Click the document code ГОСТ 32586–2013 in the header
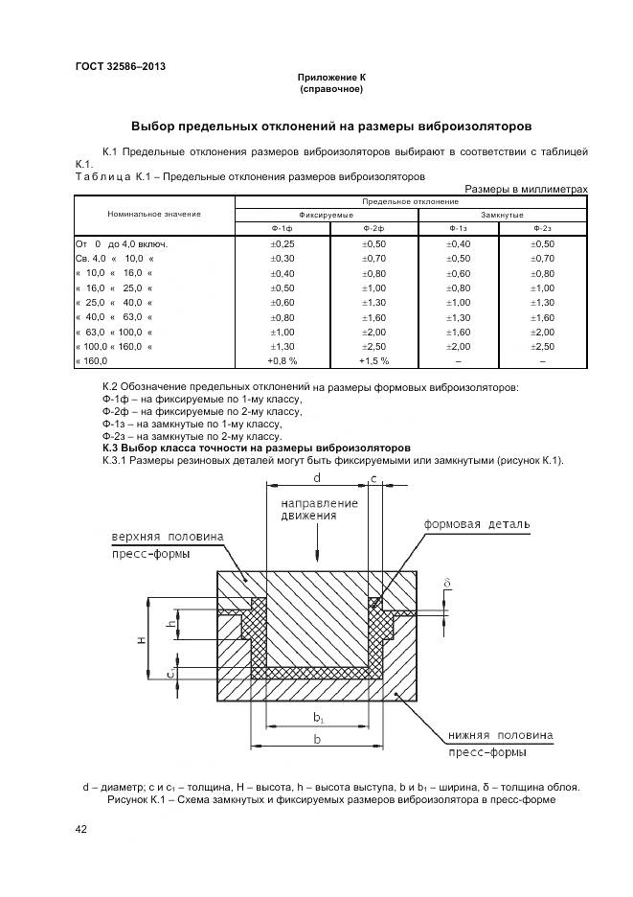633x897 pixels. click(120, 66)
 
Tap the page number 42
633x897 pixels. click(81, 829)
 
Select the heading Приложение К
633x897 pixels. click(331, 78)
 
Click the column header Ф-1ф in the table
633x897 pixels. click(282, 229)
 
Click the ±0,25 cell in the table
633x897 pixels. click(282, 244)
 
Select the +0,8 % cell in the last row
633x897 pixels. click(282, 360)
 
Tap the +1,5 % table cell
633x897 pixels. click(373, 360)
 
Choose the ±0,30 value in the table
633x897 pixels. click(282, 259)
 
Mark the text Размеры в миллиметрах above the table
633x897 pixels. click(525, 189)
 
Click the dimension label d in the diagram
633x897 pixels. click(316, 475)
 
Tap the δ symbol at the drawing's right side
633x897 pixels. click(446, 582)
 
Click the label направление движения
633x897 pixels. click(319, 509)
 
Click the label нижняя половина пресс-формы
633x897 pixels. click(498, 744)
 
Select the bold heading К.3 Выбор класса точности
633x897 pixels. click(256, 448)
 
